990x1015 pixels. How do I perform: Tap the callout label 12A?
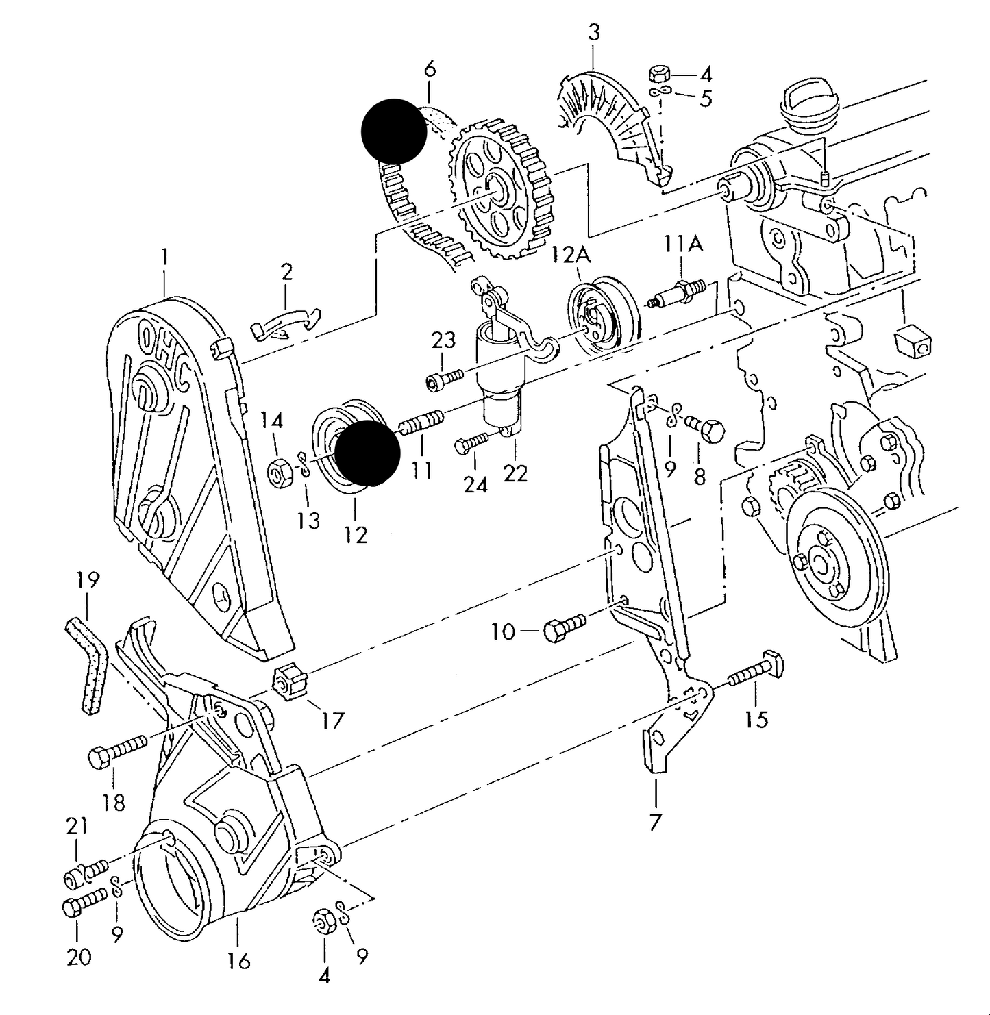tap(571, 255)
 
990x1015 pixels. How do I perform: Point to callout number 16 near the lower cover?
tap(239, 961)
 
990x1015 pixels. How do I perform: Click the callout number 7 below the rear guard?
tap(656, 821)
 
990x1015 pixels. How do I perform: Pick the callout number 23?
tap(443, 340)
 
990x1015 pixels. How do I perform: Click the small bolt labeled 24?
tap(473, 443)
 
